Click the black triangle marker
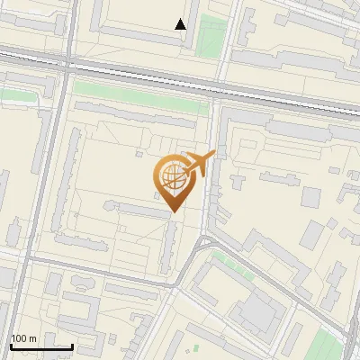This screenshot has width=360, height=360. click(181, 24)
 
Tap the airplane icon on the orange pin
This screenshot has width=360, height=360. click(197, 165)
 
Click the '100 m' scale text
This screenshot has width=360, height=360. click(23, 339)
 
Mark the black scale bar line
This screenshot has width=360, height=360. click(40, 346)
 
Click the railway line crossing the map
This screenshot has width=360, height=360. click(180, 76)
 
